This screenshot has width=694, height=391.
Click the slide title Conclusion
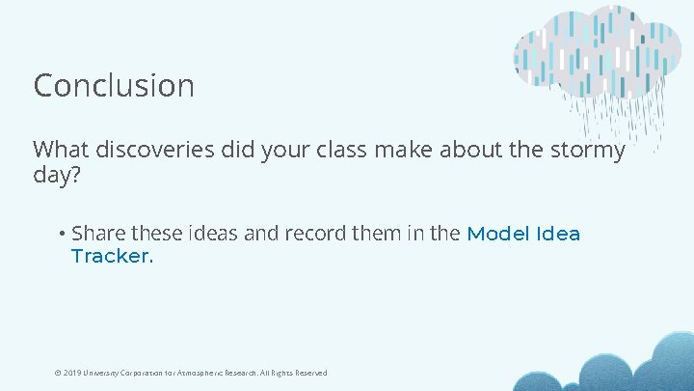pos(114,86)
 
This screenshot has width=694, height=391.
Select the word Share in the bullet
pos(98,235)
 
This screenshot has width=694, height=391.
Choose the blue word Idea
pos(559,235)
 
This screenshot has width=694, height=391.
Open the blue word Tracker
pos(112,257)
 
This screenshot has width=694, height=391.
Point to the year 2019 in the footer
pos(72,373)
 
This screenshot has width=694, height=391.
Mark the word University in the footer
pos(103,373)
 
